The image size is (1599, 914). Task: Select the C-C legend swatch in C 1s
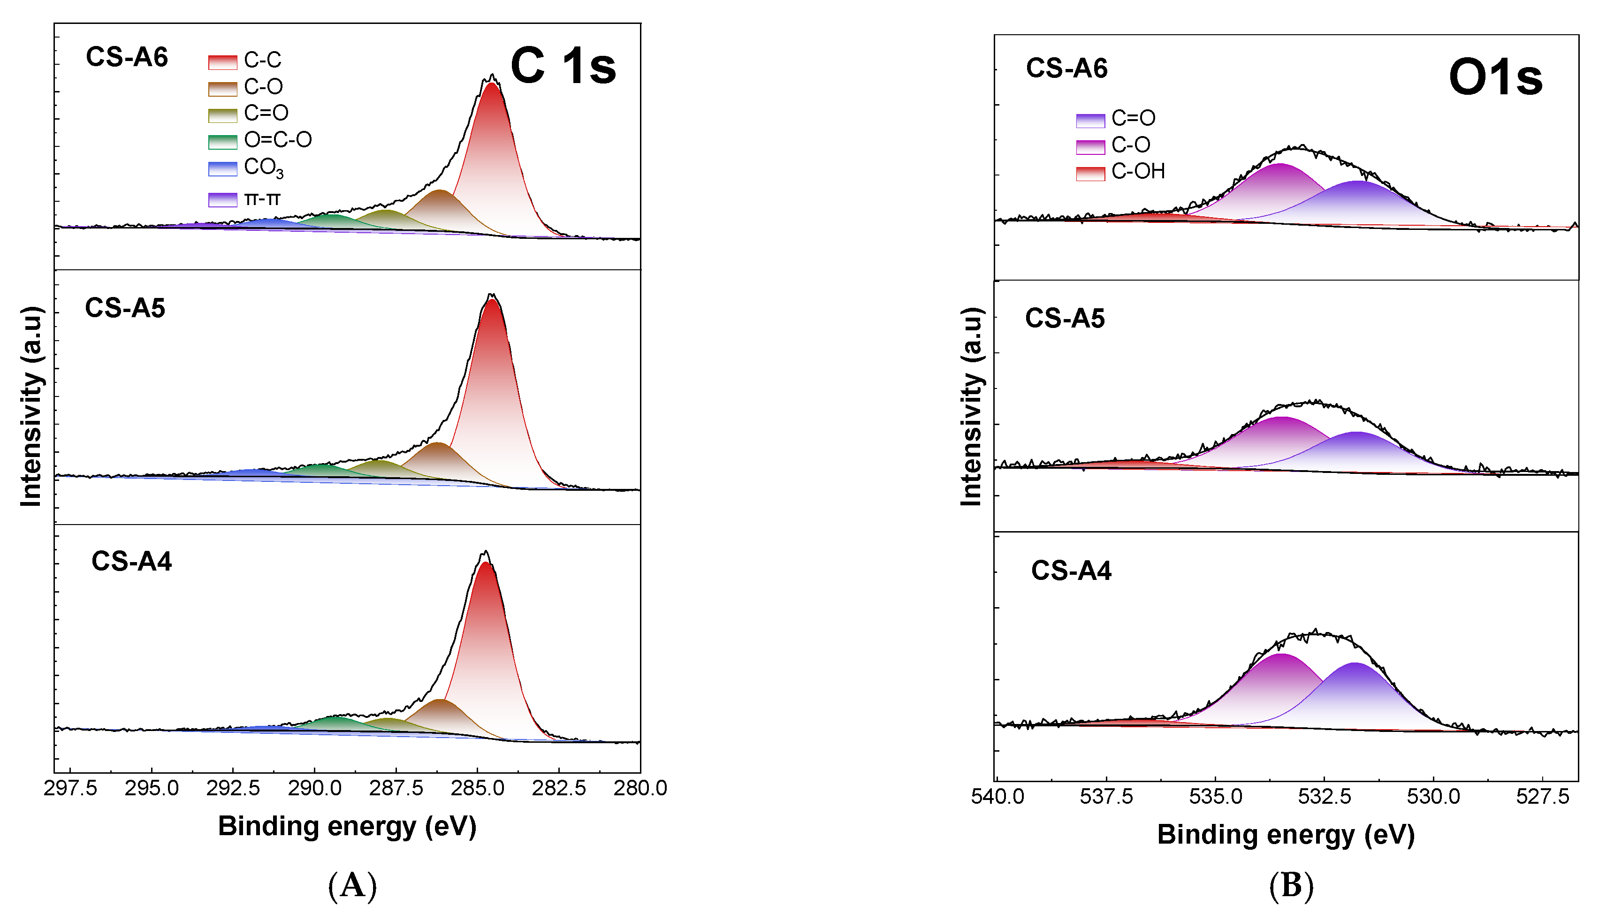[x=223, y=61]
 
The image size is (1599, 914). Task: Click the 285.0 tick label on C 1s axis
[x=478, y=788]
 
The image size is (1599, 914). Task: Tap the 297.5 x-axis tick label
[x=70, y=788]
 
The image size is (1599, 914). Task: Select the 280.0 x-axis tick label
[x=640, y=788]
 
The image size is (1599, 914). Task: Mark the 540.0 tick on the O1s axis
[x=998, y=797]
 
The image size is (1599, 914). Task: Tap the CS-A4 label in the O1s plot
[x=1071, y=571]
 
